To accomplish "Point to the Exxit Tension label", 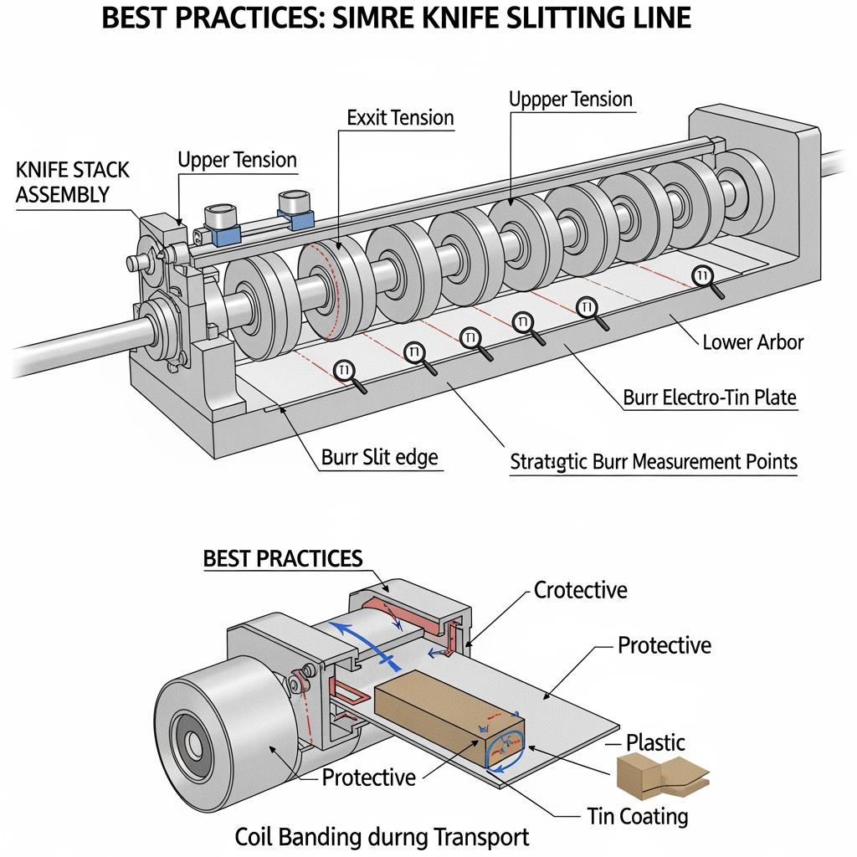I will point(400,118).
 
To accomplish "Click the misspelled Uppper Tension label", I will point(571,100).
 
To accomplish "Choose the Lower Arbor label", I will point(753,341).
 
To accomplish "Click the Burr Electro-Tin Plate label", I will point(710,398).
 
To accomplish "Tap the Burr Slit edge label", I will point(379,458).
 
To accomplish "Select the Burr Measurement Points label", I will point(654,461).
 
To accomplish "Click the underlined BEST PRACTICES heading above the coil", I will point(283,559).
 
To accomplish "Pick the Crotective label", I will point(580,590).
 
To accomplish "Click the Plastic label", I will point(655,742).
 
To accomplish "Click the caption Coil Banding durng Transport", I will point(382,837).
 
